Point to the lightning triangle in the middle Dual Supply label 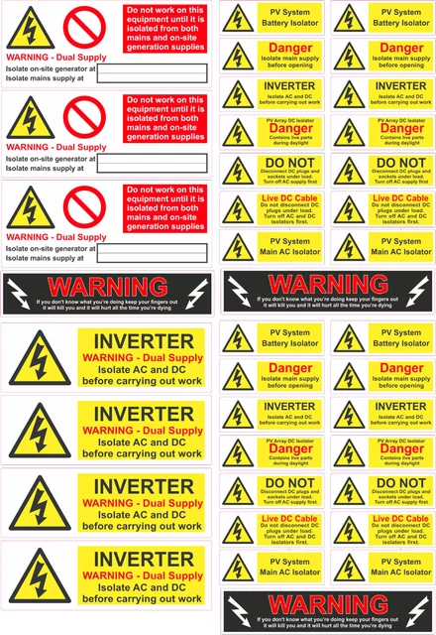tap(32, 120)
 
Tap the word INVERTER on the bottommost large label tap(143, 559)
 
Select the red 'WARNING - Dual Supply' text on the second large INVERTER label tap(143, 430)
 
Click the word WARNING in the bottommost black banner tap(328, 602)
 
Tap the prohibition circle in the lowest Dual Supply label tap(83, 207)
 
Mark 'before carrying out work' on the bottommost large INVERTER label tap(143, 599)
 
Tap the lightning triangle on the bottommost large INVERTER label tap(39, 576)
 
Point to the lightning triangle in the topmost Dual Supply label tap(32, 30)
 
